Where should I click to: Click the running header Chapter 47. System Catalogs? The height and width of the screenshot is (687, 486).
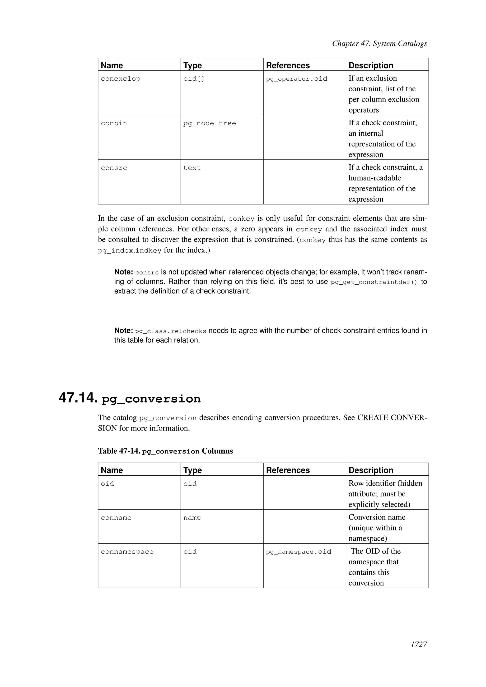379,44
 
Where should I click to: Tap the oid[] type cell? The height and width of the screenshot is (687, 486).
194,79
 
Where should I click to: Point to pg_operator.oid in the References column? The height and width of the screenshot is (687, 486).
296,79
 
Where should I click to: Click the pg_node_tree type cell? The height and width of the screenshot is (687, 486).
210,124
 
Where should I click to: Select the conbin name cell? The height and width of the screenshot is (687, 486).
114,124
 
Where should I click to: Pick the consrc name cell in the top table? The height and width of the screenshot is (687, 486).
114,168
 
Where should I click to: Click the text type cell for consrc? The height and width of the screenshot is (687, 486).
192,168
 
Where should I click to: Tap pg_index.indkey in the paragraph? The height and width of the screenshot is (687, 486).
130,251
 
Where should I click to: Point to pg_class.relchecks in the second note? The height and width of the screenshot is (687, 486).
171,331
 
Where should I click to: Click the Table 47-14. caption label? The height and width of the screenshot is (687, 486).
119,451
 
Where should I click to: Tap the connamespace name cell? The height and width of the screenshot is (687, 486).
127,552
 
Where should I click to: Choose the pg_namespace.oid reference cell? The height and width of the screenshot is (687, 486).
298,552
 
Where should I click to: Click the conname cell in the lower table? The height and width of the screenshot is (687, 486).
116,518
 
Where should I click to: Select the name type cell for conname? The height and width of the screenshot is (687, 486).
192,518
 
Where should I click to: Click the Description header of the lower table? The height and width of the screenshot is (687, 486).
370,470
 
